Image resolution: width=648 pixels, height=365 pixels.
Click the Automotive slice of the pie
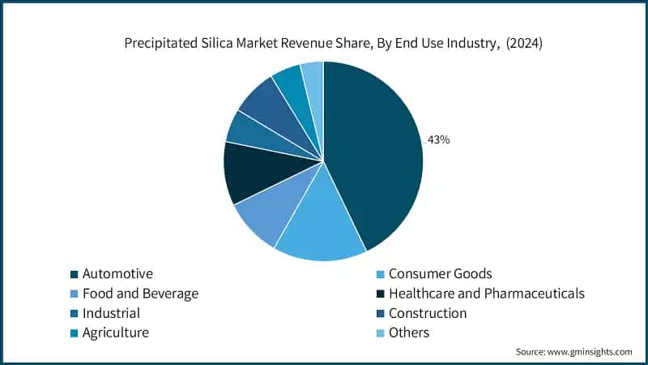pos(377,154)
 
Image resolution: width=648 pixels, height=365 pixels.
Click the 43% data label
pos(438,140)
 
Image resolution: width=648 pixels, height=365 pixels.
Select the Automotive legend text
pos(117,274)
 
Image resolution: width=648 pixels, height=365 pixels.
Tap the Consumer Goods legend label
pos(440,274)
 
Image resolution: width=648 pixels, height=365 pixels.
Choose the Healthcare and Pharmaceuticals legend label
pos(486,294)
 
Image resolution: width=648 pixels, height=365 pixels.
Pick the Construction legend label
pos(428,313)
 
